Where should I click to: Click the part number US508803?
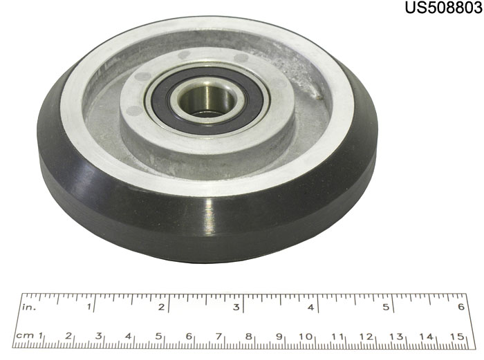tap(444, 8)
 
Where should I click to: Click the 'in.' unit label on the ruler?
tap(29, 307)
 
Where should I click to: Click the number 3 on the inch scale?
tap(236, 307)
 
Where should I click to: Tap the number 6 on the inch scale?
tap(461, 307)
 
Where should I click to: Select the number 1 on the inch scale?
tap(89, 307)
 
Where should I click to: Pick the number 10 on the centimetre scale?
tap(306, 337)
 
